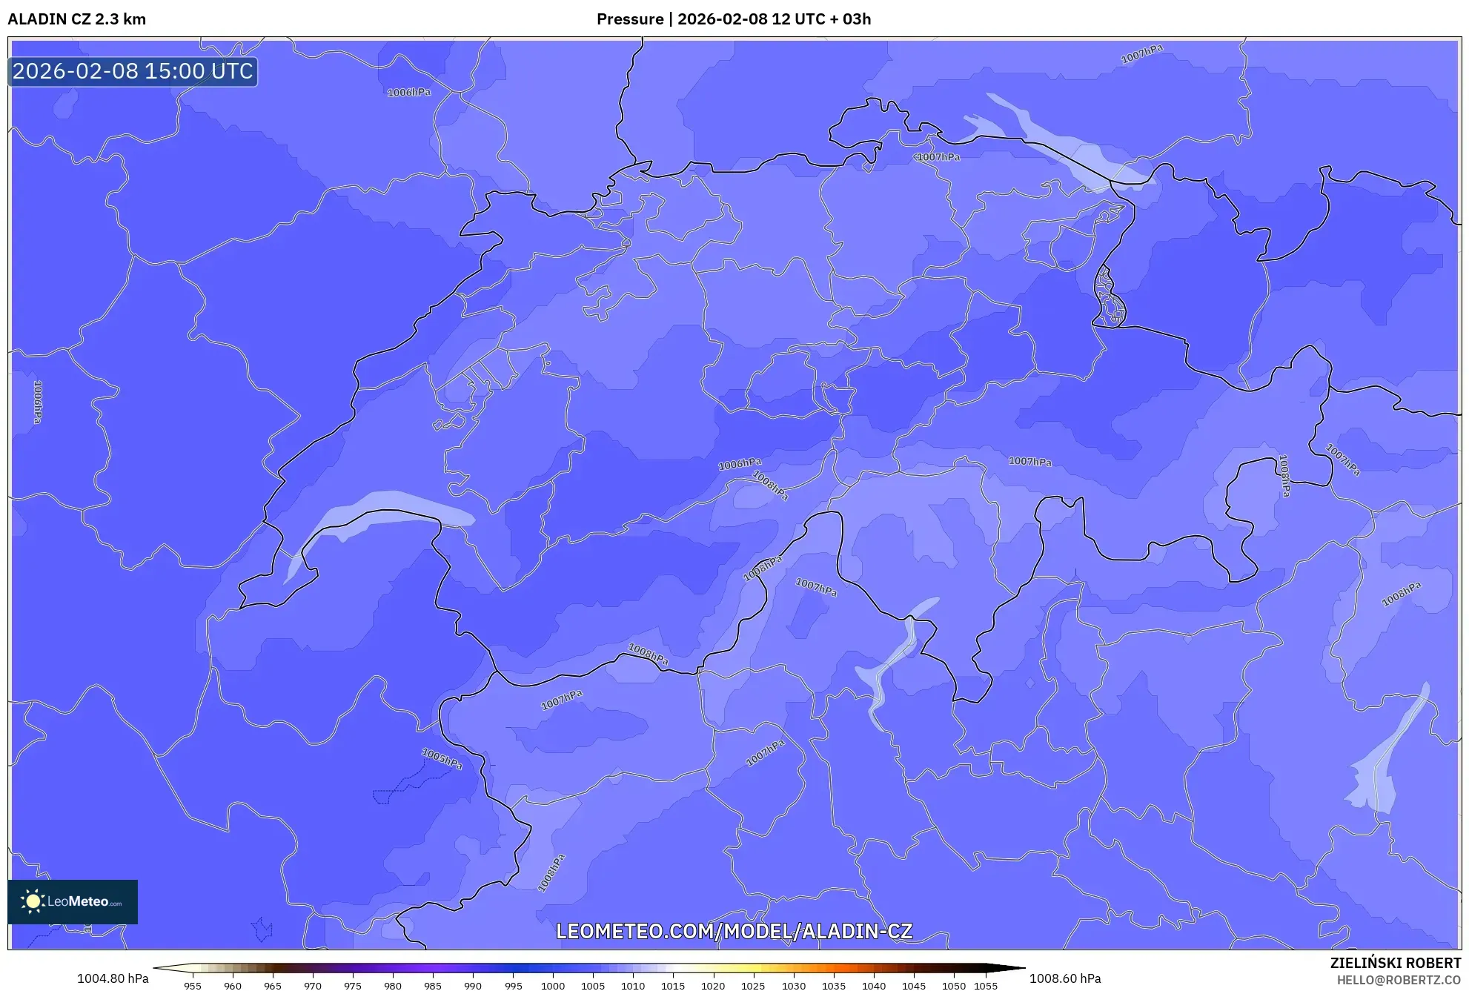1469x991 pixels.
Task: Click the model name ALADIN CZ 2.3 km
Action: (77, 19)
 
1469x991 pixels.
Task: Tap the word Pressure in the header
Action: (630, 19)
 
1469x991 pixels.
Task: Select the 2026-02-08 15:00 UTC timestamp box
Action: (133, 72)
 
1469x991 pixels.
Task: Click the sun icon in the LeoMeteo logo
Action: (33, 901)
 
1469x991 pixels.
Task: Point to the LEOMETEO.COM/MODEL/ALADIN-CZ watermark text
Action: (734, 931)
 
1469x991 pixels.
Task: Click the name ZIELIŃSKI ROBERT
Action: (1395, 963)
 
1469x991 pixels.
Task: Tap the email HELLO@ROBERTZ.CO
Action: (1399, 980)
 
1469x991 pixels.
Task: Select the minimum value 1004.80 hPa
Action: (113, 978)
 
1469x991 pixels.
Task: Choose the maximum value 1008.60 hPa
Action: (1065, 978)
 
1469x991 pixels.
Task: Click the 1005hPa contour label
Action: (442, 758)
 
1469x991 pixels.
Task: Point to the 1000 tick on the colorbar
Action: (553, 986)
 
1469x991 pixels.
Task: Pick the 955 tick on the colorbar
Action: (193, 986)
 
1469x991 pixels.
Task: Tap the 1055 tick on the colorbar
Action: (985, 986)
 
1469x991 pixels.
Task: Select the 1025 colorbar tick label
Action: (753, 986)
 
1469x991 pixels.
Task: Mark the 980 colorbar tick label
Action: (393, 986)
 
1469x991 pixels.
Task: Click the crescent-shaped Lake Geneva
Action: (385, 508)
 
